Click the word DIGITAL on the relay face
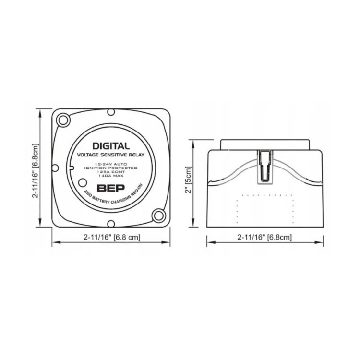111,146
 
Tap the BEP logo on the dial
111,188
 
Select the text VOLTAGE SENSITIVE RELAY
111,155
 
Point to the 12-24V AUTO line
111,164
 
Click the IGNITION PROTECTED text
111,168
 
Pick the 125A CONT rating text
111,172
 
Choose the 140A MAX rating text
111,176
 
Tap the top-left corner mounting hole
63,120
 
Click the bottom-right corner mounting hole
158,216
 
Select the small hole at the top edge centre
111,112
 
